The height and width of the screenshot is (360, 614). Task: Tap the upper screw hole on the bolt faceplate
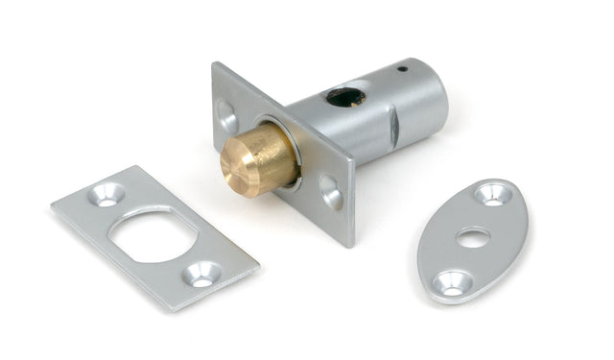(227, 117)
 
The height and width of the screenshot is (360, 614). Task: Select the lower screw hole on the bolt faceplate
(331, 192)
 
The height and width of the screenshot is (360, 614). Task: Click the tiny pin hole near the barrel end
(403, 69)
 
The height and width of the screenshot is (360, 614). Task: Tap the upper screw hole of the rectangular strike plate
(106, 195)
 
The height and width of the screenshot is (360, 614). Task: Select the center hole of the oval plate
(473, 237)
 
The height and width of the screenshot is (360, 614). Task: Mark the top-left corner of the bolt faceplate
(214, 65)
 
